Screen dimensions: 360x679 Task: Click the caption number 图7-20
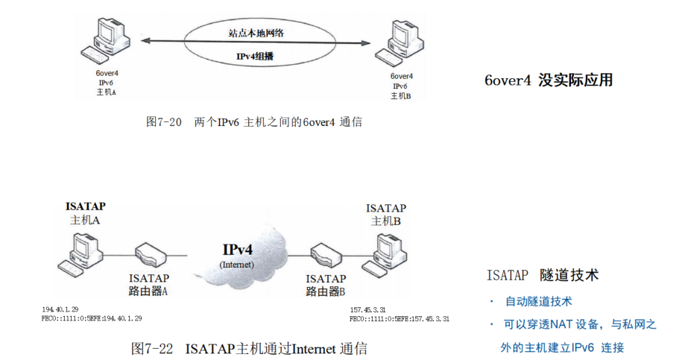click(x=164, y=121)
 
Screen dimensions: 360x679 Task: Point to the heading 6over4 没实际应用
click(x=548, y=80)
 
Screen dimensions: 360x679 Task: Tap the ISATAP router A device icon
click(x=148, y=257)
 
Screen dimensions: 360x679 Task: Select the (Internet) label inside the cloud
click(x=237, y=265)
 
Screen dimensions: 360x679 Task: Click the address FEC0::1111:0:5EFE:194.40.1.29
click(x=92, y=318)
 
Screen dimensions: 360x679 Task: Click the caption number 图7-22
click(x=152, y=348)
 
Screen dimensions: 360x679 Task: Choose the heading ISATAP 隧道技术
click(x=542, y=275)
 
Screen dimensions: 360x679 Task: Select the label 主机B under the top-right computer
click(x=386, y=221)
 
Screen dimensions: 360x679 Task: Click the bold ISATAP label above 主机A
click(x=86, y=206)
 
